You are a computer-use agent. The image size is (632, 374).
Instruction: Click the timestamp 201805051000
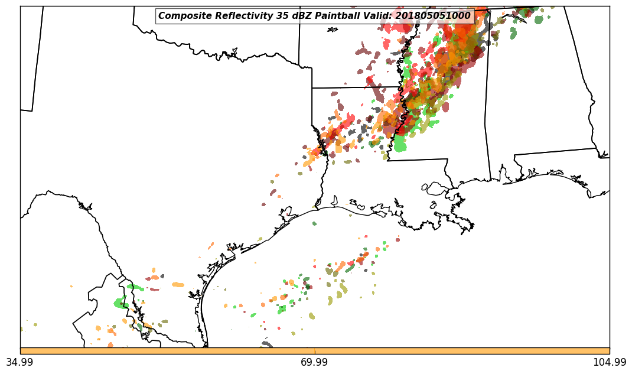coord(433,16)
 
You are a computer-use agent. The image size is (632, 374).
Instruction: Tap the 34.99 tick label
coord(20,362)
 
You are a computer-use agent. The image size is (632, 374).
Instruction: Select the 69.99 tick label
coord(315,362)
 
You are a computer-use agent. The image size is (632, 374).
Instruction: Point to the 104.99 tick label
coord(609,362)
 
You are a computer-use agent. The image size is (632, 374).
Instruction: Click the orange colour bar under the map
coord(315,351)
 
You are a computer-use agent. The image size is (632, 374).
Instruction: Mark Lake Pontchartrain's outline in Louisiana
coord(436,188)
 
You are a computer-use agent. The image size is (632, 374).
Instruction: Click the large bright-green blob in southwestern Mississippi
coord(400,143)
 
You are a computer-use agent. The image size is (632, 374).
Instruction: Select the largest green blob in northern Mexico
coord(121,303)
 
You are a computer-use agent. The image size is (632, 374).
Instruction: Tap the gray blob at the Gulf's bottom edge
coord(267,344)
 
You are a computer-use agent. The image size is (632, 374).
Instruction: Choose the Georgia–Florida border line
coord(555,152)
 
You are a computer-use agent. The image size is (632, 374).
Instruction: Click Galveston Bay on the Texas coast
coord(288,212)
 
